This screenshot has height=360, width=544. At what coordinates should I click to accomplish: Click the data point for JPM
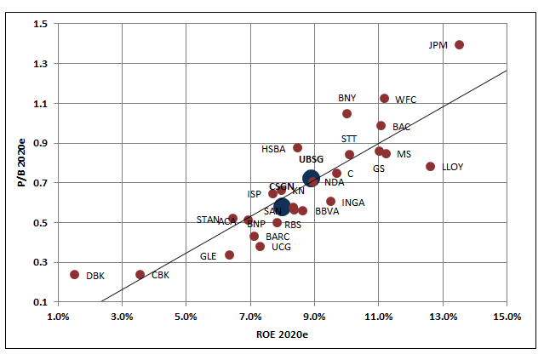point(459,45)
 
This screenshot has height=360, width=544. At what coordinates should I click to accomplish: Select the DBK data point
point(75,274)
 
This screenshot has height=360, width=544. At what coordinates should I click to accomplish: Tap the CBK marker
point(140,274)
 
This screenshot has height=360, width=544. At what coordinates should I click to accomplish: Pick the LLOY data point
point(430,167)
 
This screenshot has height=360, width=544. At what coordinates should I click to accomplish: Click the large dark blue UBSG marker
point(312,179)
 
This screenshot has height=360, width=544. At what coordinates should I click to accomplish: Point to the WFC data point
point(384,99)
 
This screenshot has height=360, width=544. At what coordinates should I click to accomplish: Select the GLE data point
point(229,254)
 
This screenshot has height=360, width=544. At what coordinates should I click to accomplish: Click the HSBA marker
point(297,148)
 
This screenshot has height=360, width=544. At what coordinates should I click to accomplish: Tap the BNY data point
point(346,113)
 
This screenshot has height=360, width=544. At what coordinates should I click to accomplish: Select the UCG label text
point(281,247)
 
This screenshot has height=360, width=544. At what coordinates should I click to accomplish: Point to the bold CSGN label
point(281,186)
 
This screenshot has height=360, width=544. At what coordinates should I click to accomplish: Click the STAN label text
point(208,220)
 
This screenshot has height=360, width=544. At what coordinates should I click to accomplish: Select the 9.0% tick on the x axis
point(314,317)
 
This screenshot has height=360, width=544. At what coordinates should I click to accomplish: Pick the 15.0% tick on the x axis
point(506,317)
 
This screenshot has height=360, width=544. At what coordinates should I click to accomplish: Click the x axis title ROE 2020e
point(281,336)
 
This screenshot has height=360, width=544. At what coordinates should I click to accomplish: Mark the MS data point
point(386,154)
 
